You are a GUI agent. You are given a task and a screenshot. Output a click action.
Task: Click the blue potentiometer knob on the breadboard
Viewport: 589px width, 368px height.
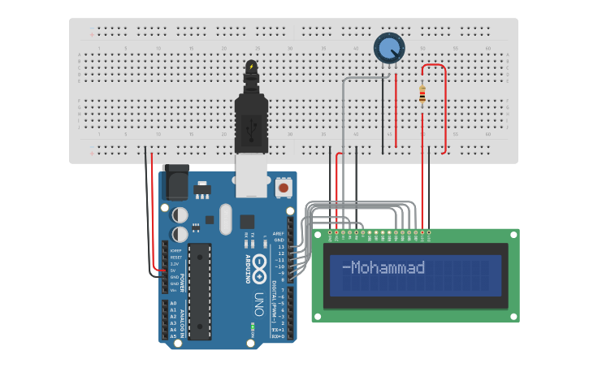click(389, 48)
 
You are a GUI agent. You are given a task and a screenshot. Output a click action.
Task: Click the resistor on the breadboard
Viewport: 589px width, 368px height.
click(422, 94)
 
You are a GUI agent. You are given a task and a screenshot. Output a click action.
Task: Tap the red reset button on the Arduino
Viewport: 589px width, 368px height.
click(284, 188)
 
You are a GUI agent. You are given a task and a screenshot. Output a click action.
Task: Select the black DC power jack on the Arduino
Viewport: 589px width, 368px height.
click(176, 184)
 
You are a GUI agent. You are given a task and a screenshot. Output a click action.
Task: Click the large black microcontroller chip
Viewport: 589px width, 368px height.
click(200, 290)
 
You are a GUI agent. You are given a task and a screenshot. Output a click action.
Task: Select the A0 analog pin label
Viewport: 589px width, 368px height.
click(173, 303)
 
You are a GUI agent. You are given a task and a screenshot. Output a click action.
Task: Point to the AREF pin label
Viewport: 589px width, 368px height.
click(279, 234)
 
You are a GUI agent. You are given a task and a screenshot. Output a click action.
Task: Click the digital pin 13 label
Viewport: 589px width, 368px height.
click(279, 247)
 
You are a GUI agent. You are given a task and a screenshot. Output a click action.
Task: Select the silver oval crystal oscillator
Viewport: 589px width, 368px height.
click(225, 218)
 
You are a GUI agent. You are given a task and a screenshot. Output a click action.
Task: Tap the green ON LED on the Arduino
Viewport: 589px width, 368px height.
click(253, 327)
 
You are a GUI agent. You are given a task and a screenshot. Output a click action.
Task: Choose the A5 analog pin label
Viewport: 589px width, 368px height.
click(173, 336)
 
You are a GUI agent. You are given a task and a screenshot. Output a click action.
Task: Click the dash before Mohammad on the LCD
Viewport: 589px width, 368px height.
click(345, 267)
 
